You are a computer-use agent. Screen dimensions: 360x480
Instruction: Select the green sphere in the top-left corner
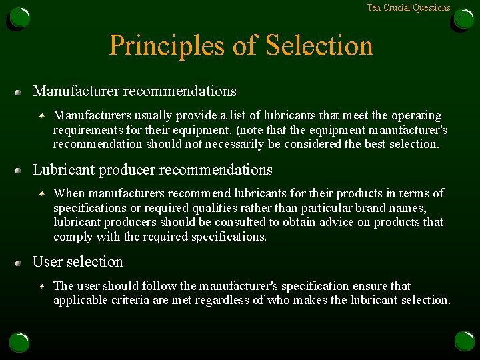tap(19, 18)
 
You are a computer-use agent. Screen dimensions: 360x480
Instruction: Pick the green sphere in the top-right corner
tap(463, 18)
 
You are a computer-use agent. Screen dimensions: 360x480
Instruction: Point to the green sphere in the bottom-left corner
tap(19, 342)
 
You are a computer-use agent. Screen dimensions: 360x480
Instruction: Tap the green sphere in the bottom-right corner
tap(463, 342)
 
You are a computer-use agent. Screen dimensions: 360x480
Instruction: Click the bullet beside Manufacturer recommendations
tap(19, 91)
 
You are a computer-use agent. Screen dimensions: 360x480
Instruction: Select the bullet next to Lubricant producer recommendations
tap(19, 171)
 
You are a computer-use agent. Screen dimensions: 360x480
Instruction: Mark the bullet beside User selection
tap(19, 263)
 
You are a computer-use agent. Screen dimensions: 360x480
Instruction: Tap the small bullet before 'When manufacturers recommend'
tap(42, 193)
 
